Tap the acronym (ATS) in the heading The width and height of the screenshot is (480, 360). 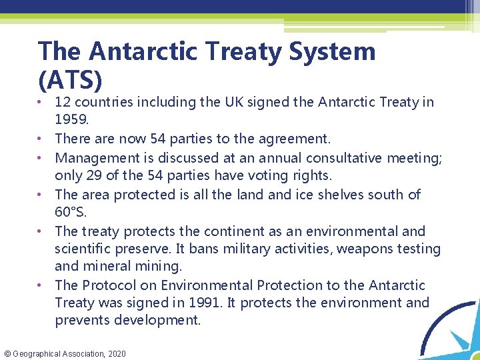(70, 80)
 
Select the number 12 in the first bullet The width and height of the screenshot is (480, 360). (64, 102)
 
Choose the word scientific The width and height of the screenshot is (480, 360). (85, 249)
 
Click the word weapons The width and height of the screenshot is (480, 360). (369, 249)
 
